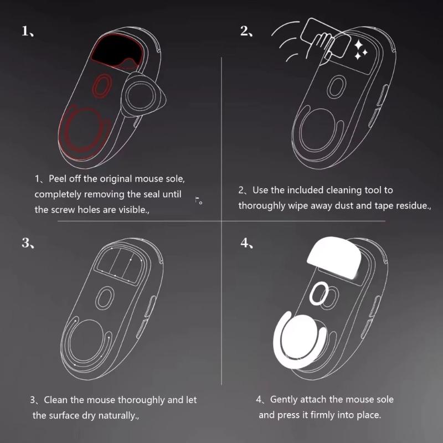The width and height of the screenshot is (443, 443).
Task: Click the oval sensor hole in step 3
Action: pyautogui.click(x=103, y=298)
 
